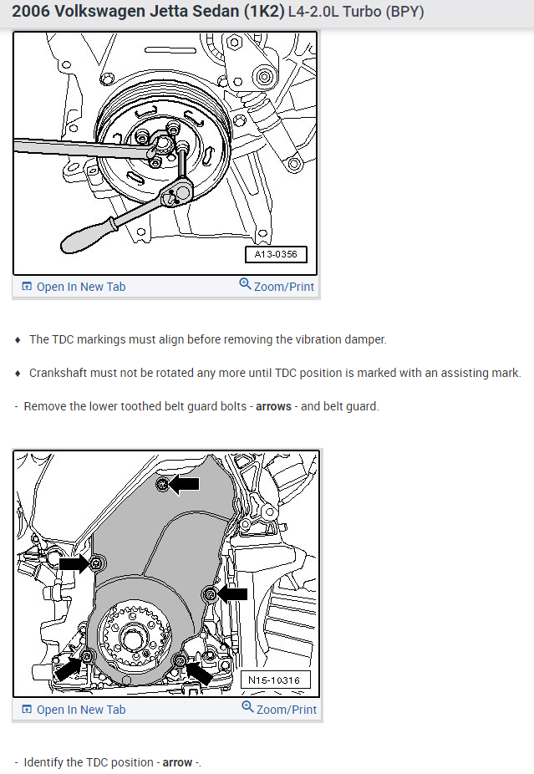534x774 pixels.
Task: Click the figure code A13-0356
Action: tap(276, 254)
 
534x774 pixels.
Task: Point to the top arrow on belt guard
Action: tap(186, 483)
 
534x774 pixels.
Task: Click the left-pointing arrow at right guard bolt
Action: tap(233, 594)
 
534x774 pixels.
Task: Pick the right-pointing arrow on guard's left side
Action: tap(74, 564)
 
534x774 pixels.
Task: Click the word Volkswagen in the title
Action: tap(99, 13)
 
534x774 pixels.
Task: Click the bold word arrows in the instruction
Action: tap(273, 407)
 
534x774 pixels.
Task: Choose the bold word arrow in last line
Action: tap(177, 763)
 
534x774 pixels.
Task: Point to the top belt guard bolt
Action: tap(163, 483)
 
